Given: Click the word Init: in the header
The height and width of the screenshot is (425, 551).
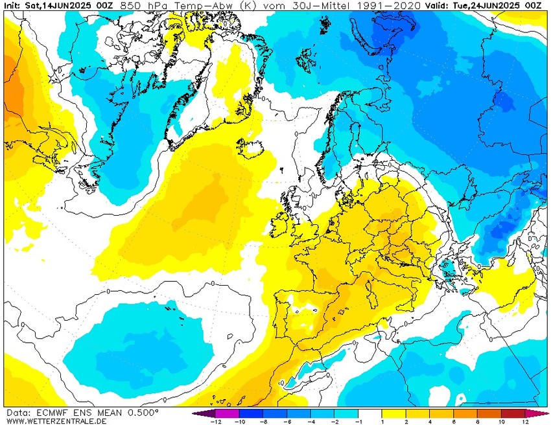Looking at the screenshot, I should point(13,5).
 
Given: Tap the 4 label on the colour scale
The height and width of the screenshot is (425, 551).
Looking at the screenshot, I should point(430,421).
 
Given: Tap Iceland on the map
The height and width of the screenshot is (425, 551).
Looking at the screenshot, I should point(252,146).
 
